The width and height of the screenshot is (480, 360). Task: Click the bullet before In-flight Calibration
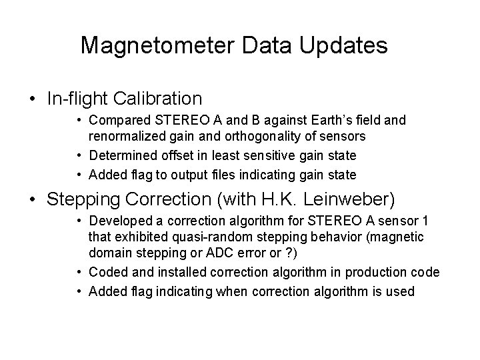[32, 99]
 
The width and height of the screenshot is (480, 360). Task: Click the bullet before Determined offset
[79, 155]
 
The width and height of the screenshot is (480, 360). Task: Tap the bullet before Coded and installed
[79, 273]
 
